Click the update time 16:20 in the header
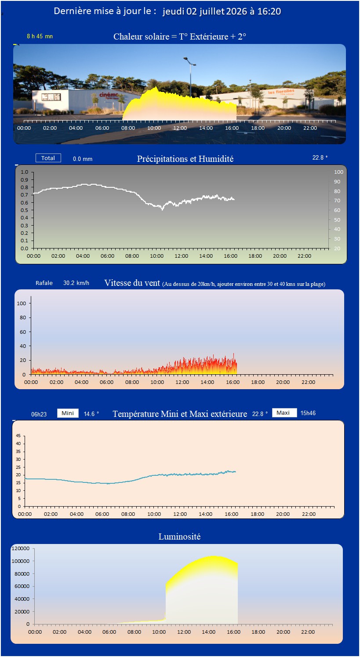pyautogui.click(x=269, y=11)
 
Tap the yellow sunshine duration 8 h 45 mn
pyautogui.click(x=40, y=36)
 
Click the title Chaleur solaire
pyautogui.click(x=141, y=36)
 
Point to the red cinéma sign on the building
pyautogui.click(x=109, y=95)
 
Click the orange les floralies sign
pyautogui.click(x=281, y=92)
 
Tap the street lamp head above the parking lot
pyautogui.click(x=189, y=61)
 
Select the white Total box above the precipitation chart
pyautogui.click(x=48, y=158)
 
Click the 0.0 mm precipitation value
pyautogui.click(x=83, y=159)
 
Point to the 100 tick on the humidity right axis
pyautogui.click(x=338, y=172)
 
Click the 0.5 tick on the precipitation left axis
pyautogui.click(x=24, y=210)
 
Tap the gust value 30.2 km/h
pyautogui.click(x=76, y=283)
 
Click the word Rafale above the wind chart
pyautogui.click(x=44, y=283)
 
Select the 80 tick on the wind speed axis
pyautogui.click(x=23, y=318)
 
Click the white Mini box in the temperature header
pyautogui.click(x=68, y=413)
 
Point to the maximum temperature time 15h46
pyautogui.click(x=308, y=413)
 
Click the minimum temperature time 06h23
pyautogui.click(x=39, y=414)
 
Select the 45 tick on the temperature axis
pyautogui.click(x=18, y=435)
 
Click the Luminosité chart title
pyautogui.click(x=179, y=537)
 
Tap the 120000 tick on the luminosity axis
pyautogui.click(x=21, y=548)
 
